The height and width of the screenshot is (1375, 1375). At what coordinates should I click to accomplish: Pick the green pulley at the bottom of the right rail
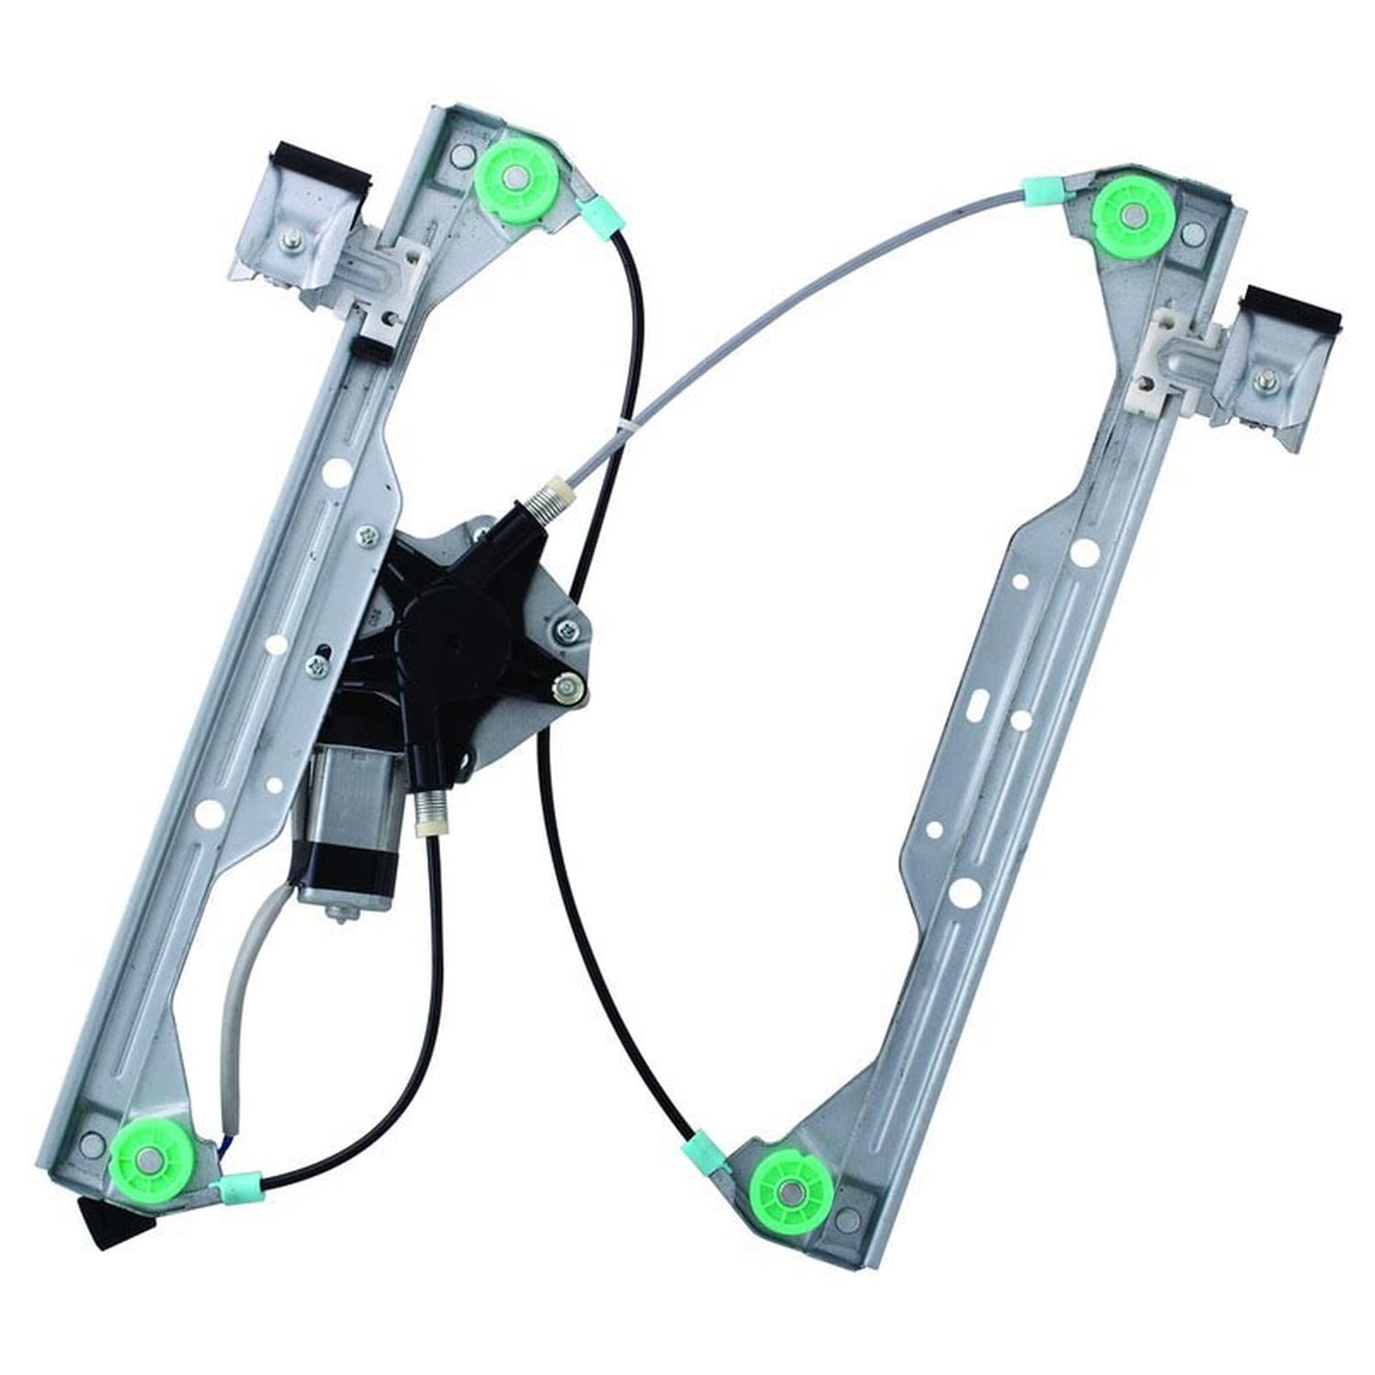point(791,1189)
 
